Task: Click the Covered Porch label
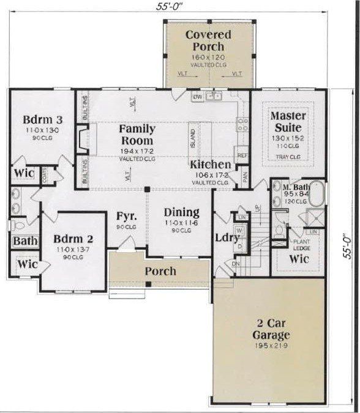(x=208, y=40)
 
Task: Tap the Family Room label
(x=137, y=135)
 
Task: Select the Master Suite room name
(x=286, y=122)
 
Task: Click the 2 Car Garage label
(x=270, y=329)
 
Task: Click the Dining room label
(x=182, y=212)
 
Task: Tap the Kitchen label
(x=210, y=165)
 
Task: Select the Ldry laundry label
(x=227, y=238)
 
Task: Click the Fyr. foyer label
(x=127, y=217)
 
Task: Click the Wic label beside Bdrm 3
(x=23, y=173)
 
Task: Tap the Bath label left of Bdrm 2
(x=24, y=242)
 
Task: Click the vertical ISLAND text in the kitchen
(x=192, y=140)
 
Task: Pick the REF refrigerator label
(x=241, y=155)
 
